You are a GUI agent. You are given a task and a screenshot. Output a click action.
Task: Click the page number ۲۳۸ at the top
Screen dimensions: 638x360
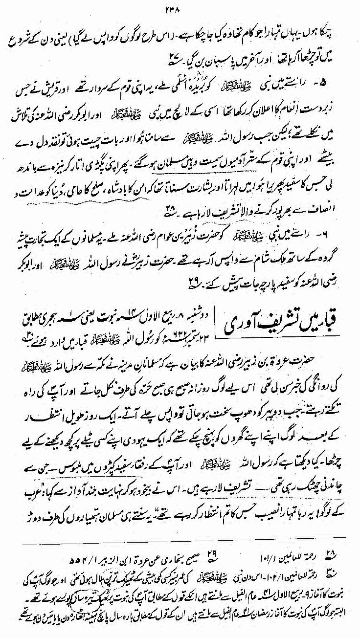(x=180, y=6)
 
